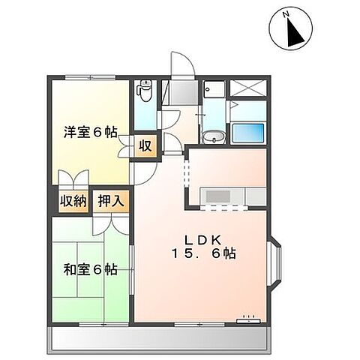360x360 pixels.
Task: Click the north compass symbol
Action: tap(289, 29)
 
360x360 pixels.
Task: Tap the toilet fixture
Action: tap(145, 94)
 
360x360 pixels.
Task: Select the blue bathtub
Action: tap(247, 135)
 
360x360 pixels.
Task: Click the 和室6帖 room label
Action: tap(89, 269)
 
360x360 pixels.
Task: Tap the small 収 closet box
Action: tap(145, 145)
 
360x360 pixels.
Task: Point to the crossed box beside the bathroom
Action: tap(247, 88)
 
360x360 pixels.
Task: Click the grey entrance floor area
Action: tap(178, 93)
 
